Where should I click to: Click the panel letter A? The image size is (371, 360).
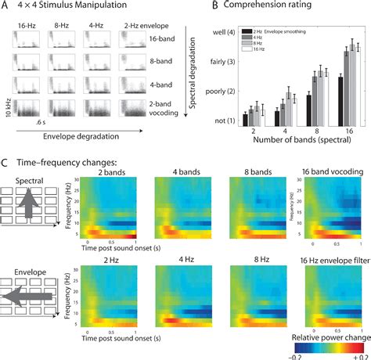[5, 7]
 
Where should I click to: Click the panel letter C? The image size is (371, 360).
[6, 163]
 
